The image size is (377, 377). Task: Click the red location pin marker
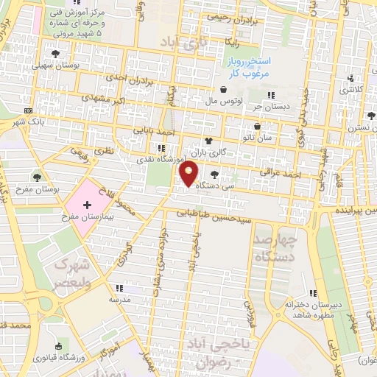click(x=189, y=172)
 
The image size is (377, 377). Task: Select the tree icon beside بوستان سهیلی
click(x=55, y=53)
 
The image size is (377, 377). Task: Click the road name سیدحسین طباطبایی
click(x=221, y=216)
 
